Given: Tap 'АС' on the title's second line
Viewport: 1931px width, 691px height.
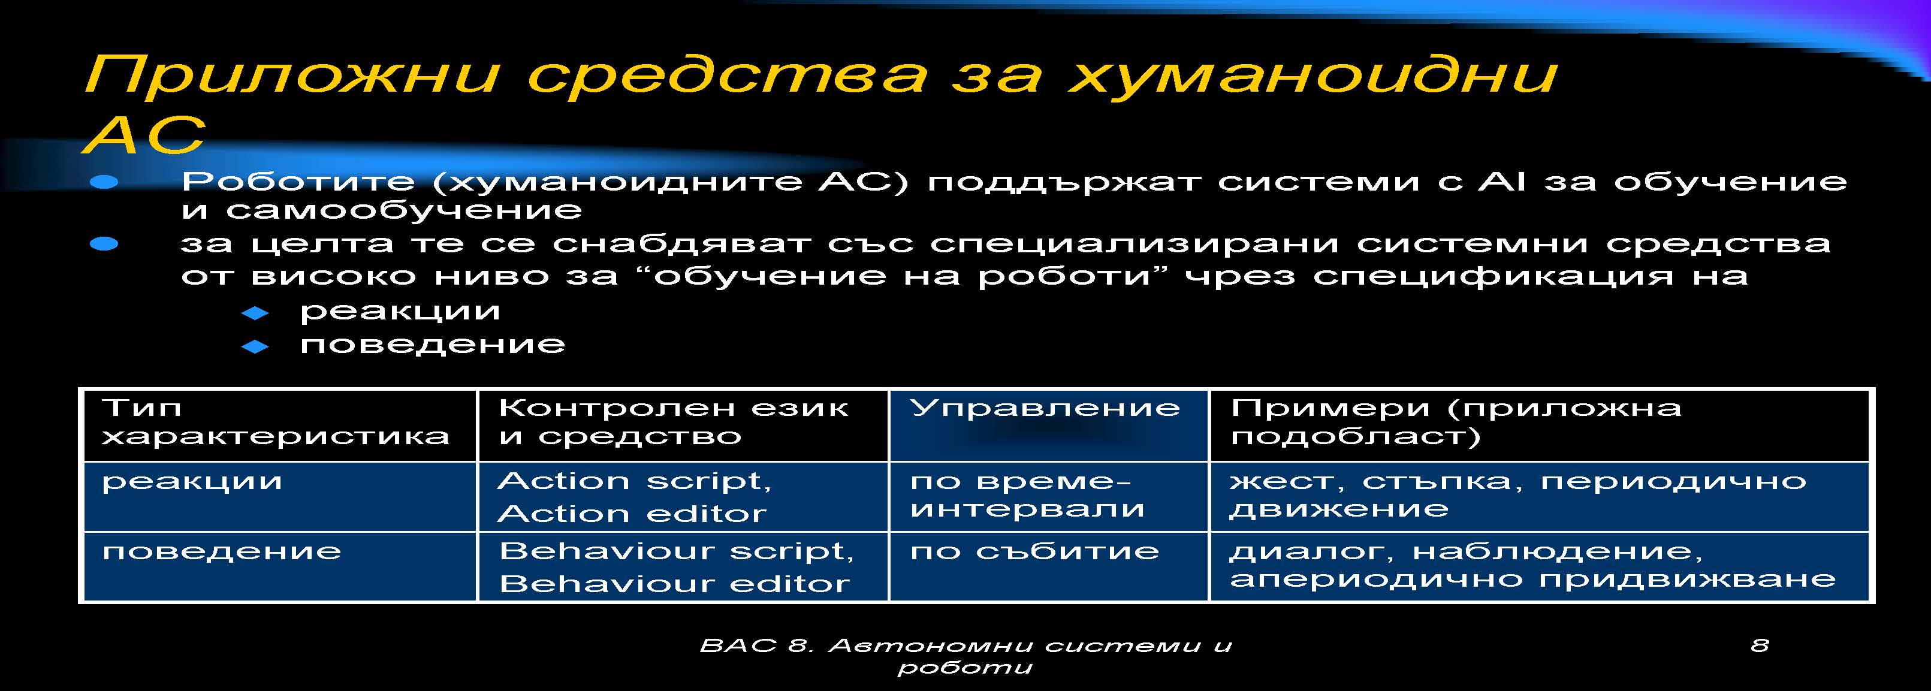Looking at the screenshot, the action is click(x=144, y=135).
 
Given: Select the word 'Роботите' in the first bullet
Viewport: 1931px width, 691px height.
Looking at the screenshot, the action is click(x=298, y=182).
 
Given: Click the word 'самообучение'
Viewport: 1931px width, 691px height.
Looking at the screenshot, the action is click(x=404, y=210).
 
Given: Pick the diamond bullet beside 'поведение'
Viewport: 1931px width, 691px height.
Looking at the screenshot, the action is click(x=255, y=346).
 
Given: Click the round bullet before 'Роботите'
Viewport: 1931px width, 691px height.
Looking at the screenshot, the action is click(x=104, y=182).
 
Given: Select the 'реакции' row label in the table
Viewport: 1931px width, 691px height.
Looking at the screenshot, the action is click(x=192, y=482).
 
